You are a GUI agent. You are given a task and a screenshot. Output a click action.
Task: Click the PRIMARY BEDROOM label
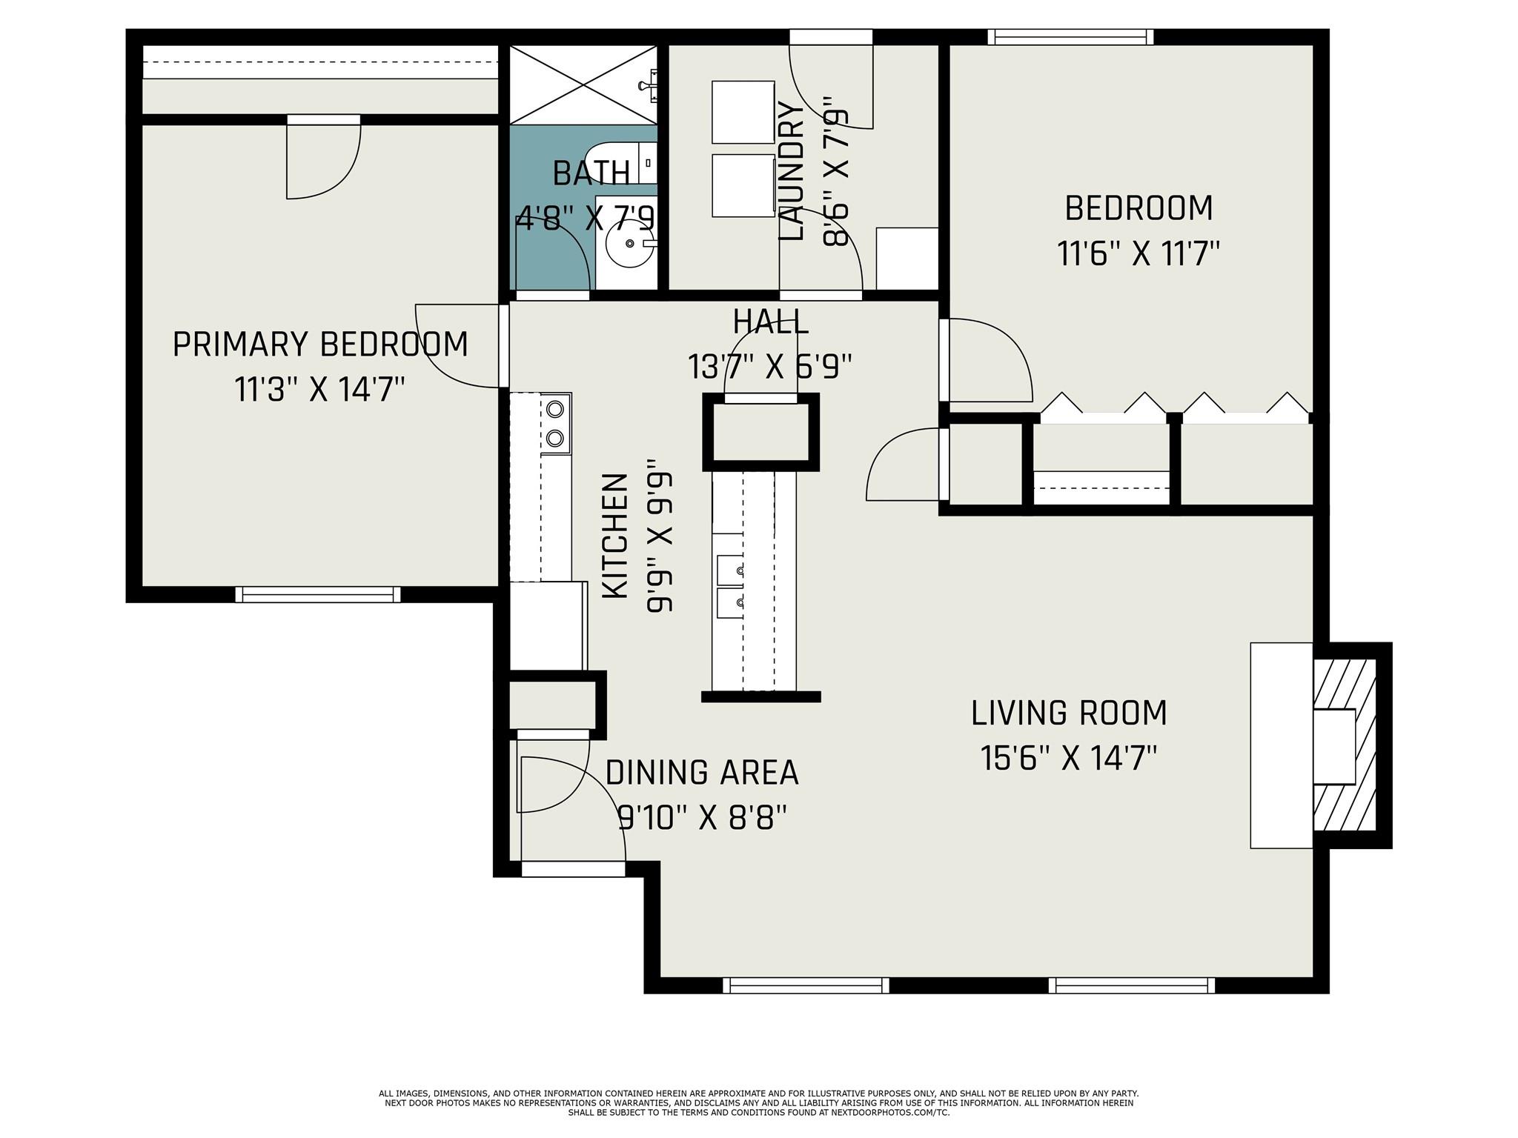(320, 345)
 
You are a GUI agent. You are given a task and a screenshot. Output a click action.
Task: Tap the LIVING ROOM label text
(1069, 713)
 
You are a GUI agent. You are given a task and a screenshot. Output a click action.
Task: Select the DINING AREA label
(702, 773)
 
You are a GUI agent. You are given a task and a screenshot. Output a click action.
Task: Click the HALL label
(770, 322)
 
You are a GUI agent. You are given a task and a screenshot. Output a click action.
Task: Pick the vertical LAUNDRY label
(792, 171)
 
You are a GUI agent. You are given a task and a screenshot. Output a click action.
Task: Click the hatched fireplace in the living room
(1345, 745)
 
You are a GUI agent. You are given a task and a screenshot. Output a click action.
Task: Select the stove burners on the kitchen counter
(555, 423)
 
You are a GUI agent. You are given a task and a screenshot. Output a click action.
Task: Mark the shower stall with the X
(583, 84)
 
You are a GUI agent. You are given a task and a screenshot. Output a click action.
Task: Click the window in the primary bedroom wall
(318, 594)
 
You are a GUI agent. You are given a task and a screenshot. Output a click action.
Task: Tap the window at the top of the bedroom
(1071, 37)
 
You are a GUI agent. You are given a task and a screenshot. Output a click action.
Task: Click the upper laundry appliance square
(743, 112)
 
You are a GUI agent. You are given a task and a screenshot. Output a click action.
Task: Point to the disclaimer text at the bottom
(759, 1102)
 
